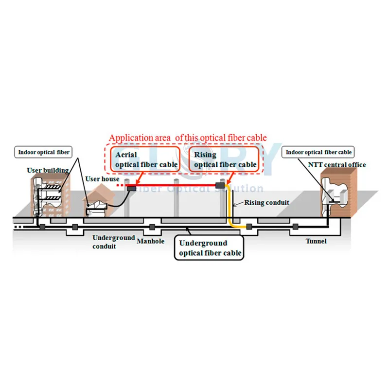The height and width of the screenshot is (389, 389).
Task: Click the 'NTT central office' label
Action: pyautogui.click(x=336, y=165)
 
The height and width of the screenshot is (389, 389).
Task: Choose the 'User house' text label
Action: pyautogui.click(x=102, y=179)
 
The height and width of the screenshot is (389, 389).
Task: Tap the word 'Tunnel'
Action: pyautogui.click(x=316, y=241)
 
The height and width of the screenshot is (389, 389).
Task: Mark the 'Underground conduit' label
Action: pyautogui.click(x=113, y=241)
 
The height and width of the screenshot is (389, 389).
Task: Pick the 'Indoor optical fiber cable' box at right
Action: pyautogui.click(x=318, y=152)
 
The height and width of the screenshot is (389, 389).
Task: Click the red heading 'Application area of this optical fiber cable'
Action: pyautogui.click(x=188, y=138)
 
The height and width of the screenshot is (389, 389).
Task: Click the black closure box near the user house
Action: pyautogui.click(x=131, y=188)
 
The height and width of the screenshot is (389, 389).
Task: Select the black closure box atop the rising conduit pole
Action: pyautogui.click(x=220, y=185)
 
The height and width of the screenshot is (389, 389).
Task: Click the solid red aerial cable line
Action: pyautogui.click(x=175, y=185)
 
